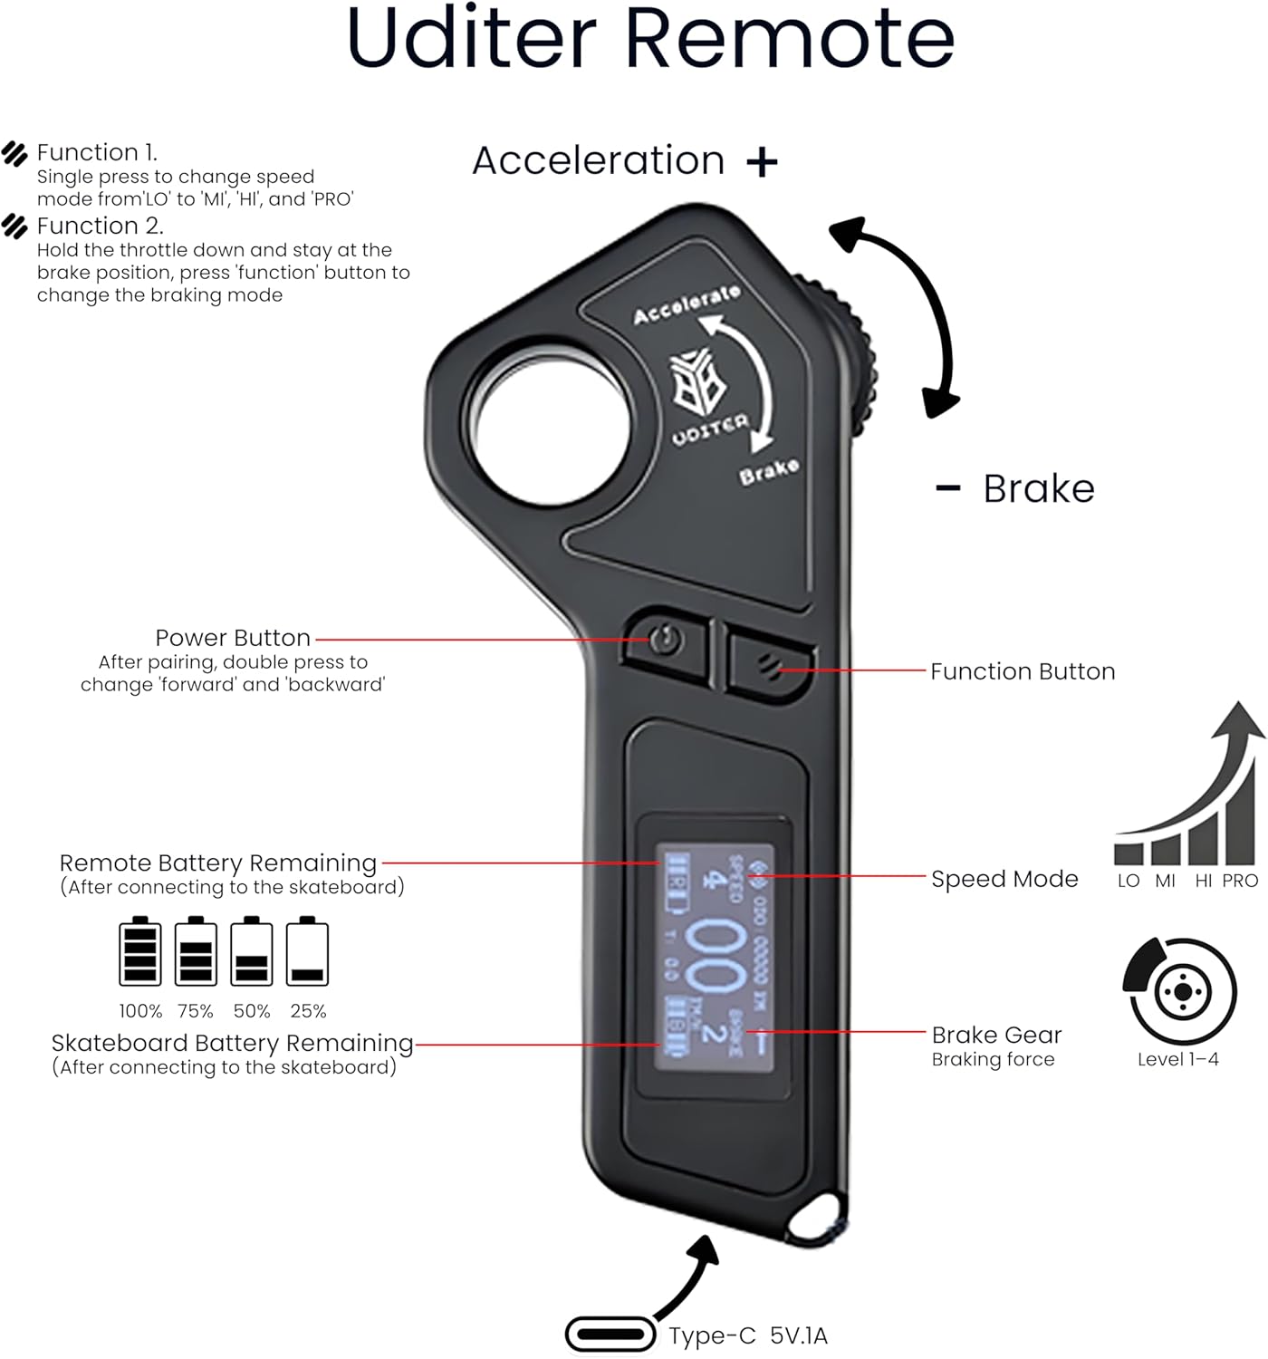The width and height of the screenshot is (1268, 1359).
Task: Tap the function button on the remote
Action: [x=770, y=667]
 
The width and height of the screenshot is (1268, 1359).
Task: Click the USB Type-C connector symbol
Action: [x=610, y=1335]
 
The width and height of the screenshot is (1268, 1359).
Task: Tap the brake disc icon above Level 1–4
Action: [x=1179, y=992]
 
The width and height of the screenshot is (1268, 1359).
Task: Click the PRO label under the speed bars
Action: [x=1239, y=881]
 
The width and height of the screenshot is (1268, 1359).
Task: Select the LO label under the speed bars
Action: [x=1129, y=881]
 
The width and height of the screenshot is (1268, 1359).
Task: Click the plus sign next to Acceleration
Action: [x=762, y=162]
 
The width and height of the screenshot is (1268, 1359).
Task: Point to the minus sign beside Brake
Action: [x=947, y=488]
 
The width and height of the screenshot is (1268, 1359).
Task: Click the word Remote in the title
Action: [x=788, y=38]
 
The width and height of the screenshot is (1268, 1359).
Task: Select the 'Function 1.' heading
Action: [x=97, y=152]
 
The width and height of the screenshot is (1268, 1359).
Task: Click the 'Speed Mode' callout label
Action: [x=1004, y=879]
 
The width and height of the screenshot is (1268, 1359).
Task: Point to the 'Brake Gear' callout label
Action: [x=996, y=1035]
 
